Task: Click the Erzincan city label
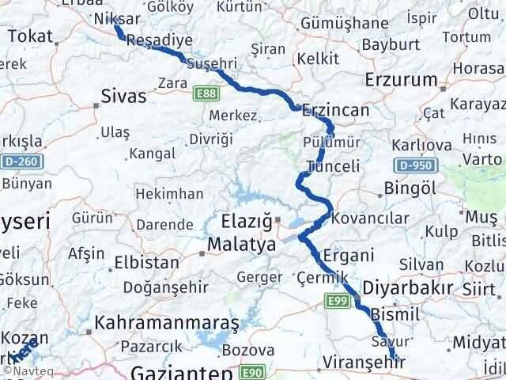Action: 337,111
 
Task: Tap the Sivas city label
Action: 124,97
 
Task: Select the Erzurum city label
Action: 402,80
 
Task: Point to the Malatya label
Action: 242,245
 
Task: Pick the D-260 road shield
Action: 26,161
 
